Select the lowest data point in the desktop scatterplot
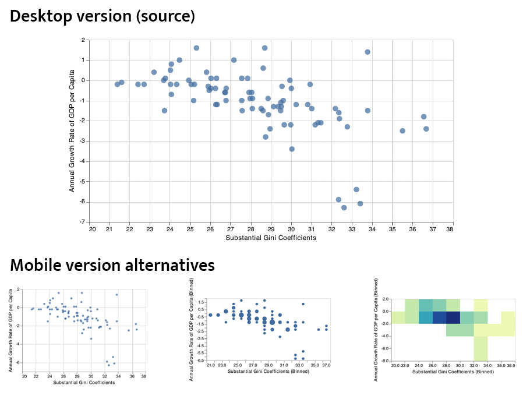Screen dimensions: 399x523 344,207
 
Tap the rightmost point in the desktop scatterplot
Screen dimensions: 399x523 426,129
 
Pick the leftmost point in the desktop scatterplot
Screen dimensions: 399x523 117,84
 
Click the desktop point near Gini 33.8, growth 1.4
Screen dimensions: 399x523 367,52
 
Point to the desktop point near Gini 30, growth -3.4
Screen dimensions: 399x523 292,149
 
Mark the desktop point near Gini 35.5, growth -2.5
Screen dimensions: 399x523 402,130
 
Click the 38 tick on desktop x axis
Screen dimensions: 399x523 449,229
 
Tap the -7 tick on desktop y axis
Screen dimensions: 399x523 83,222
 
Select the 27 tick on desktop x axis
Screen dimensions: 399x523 231,229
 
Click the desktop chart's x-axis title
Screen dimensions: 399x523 271,238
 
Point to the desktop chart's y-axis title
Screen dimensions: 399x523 72,131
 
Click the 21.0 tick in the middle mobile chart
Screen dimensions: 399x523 211,365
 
